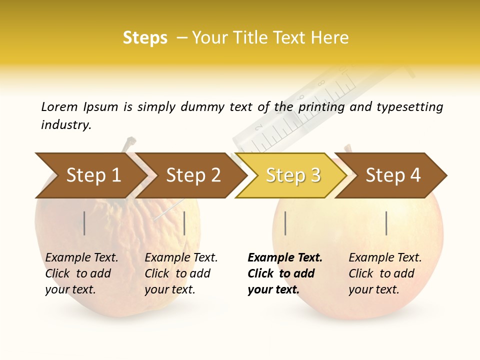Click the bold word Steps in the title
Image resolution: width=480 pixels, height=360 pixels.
(145, 38)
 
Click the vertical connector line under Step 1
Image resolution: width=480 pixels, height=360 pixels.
(84, 223)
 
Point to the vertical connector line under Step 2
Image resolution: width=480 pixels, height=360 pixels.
(184, 223)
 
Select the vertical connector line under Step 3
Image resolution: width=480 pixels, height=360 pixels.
(285, 223)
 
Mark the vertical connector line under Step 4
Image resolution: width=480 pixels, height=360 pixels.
(386, 223)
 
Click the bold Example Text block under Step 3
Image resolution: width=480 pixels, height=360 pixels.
(285, 273)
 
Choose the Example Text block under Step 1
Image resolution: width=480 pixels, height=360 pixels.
(81, 273)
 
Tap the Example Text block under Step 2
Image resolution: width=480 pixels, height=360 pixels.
(181, 273)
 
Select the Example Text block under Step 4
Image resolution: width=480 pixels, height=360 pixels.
(385, 273)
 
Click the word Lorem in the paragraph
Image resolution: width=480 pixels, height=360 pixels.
(59, 107)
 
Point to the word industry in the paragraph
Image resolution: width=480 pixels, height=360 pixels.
(66, 125)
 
